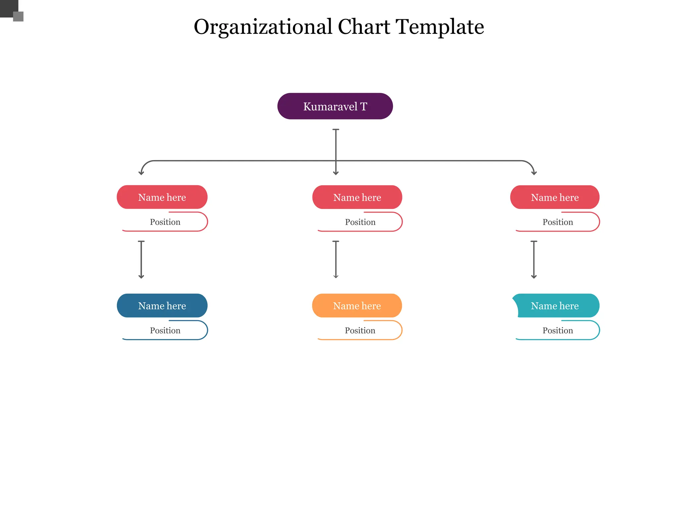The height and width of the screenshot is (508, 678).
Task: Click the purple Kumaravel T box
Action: point(335,106)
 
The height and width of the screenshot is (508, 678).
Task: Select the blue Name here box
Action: point(162,306)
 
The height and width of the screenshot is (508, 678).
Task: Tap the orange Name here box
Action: point(357,306)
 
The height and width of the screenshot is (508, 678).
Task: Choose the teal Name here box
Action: point(555,306)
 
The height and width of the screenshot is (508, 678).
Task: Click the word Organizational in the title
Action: point(263,27)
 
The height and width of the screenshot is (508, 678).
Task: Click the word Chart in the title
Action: point(364,27)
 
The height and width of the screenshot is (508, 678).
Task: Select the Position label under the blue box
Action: point(165,330)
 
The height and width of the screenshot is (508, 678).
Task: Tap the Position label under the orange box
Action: point(360,330)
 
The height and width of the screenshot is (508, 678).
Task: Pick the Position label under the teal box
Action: point(558,330)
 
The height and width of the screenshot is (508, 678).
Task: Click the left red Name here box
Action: point(162,197)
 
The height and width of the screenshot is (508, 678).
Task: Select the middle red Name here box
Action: point(357,197)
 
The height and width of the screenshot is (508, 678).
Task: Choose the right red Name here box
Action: point(555,197)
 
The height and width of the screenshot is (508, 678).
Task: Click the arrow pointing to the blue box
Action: point(141,260)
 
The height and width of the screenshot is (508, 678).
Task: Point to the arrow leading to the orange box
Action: point(336,260)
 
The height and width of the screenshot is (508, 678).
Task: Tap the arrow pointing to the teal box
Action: point(534,260)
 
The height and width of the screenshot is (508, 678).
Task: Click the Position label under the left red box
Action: point(165,222)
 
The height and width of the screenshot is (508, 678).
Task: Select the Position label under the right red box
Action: point(558,222)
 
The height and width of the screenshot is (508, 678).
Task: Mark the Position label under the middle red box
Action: point(360,222)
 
